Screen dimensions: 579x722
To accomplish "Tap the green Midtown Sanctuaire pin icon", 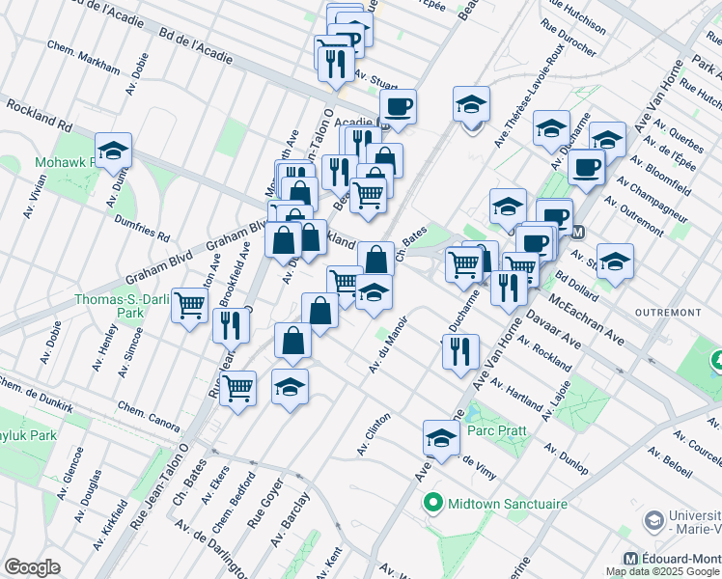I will click(432, 504).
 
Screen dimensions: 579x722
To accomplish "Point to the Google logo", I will click(32, 567).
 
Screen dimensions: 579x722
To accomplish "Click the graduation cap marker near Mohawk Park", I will click(113, 151).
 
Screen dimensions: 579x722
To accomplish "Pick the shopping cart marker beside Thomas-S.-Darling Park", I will click(190, 305).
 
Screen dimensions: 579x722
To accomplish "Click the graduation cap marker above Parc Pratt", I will click(441, 438).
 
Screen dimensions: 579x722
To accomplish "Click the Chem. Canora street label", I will click(150, 416).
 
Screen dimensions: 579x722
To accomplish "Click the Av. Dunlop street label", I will click(566, 459).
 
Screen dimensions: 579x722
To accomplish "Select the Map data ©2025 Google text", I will click(662, 571).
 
